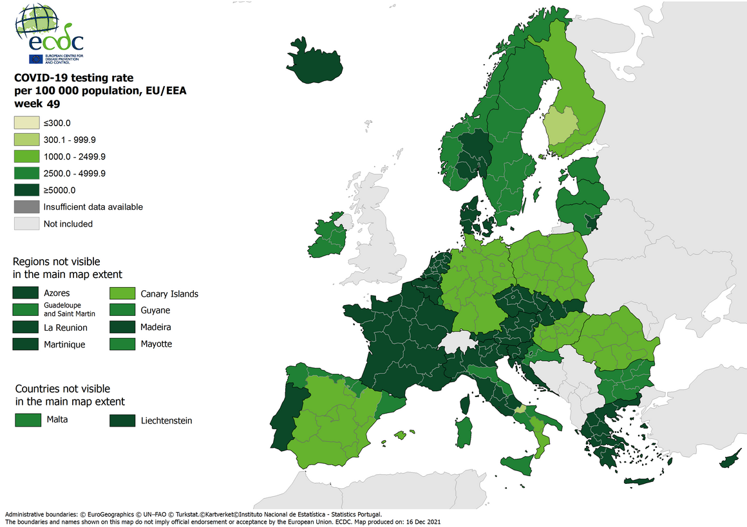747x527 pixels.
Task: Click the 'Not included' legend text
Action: (x=68, y=224)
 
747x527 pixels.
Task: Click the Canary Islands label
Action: (x=169, y=293)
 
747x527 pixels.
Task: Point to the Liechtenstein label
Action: (x=166, y=421)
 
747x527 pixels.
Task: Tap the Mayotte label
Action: (x=156, y=344)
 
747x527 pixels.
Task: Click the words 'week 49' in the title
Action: (x=38, y=104)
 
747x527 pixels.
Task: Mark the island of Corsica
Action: (x=464, y=403)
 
